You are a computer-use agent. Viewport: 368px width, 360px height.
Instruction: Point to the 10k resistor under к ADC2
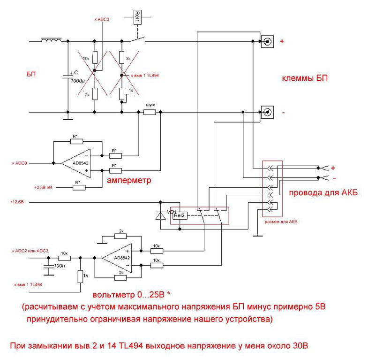click(x=95, y=58)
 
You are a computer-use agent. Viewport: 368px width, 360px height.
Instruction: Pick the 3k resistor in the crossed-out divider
click(x=122, y=58)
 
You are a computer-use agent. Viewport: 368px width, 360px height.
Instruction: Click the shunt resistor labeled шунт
click(x=150, y=113)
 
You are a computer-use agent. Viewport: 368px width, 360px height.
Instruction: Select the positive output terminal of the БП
click(x=267, y=41)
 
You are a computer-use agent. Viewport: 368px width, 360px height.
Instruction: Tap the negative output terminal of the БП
click(x=267, y=113)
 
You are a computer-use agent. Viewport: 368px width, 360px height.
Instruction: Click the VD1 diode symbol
click(x=160, y=215)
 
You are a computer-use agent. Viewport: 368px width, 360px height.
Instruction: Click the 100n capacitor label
click(x=60, y=266)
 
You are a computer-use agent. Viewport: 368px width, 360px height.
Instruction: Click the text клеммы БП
click(x=304, y=78)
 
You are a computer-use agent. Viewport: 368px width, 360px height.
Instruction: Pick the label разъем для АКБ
click(x=281, y=221)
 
